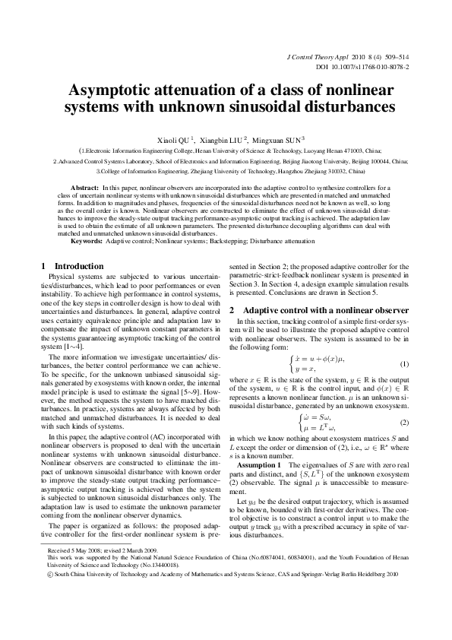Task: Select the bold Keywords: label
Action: coord(87,241)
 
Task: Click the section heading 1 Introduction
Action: coord(72,266)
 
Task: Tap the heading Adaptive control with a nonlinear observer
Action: coord(325,311)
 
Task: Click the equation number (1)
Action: coord(405,363)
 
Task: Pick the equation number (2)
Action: coord(405,422)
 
